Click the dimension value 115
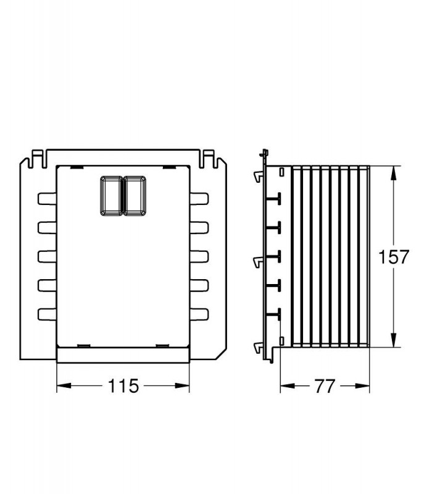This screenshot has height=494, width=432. tap(123, 385)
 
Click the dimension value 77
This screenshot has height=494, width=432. tap(325, 386)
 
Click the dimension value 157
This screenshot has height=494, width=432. tap(393, 256)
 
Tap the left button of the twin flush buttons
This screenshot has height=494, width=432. tap(111, 196)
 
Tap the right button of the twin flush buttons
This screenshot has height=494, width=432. tap(135, 196)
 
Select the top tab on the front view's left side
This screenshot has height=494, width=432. tap(48, 199)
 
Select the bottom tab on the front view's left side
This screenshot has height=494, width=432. tap(48, 314)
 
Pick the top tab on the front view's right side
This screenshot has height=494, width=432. tap(199, 199)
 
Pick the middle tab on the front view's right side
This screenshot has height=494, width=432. tap(199, 256)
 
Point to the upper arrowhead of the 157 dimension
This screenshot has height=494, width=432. tap(393, 174)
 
